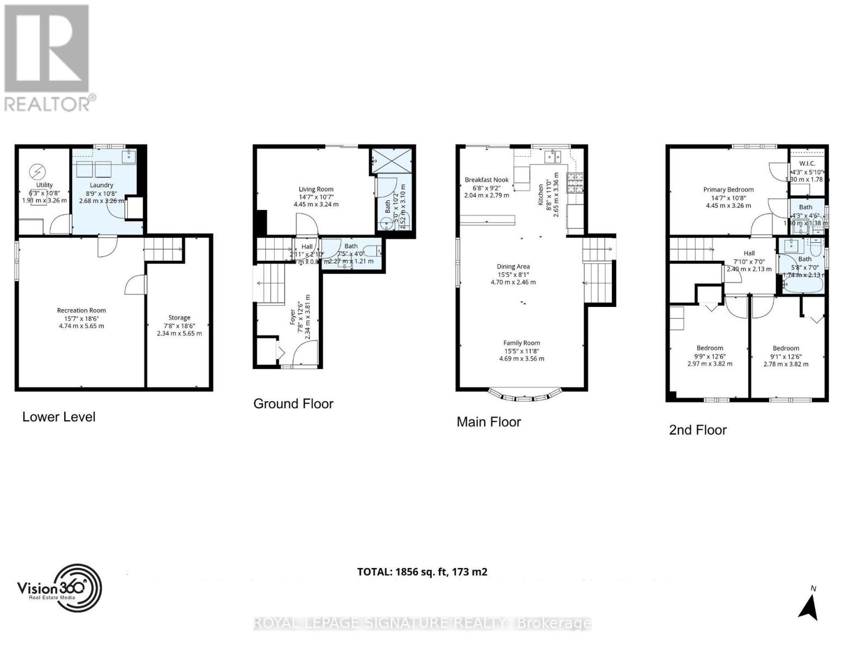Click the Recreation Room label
point(82,310)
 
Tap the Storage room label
point(179,318)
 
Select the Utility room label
point(45,185)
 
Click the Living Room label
point(316,189)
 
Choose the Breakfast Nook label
point(487,180)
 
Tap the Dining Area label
point(513,267)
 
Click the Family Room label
point(521,343)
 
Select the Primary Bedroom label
point(728,190)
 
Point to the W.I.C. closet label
point(807,164)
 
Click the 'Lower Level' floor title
point(59,417)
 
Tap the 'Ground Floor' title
point(293,404)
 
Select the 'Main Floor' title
point(488,422)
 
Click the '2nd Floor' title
point(698,430)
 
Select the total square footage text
point(422,572)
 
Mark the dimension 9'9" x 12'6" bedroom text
point(710,356)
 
